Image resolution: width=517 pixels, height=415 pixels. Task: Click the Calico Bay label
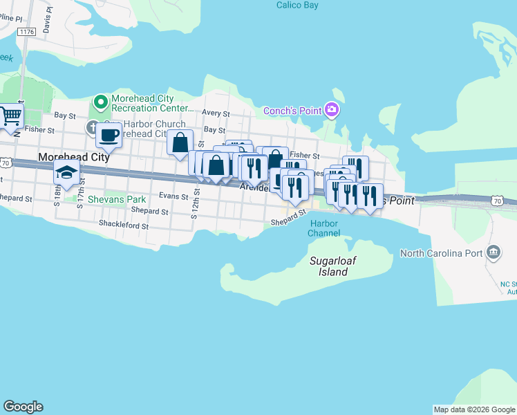[297, 5]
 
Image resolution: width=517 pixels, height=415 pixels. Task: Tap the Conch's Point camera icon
[332, 110]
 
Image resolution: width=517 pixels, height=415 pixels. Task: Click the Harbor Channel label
[323, 228]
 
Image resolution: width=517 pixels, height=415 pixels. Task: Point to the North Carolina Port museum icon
[493, 252]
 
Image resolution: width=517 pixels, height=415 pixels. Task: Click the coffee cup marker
[109, 134]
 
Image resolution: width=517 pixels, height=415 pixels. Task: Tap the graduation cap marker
[66, 172]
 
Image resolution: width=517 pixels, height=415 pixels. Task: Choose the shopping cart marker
[10, 116]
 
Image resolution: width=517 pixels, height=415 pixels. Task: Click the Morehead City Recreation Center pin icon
[100, 103]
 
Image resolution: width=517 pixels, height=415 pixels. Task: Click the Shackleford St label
[124, 225]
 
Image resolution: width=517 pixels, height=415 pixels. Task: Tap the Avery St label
[216, 113]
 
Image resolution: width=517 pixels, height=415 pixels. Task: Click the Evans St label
[174, 196]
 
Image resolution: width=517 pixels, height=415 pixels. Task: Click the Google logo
[23, 407]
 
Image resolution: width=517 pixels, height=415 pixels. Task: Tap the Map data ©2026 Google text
[474, 409]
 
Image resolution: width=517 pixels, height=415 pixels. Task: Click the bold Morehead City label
[74, 158]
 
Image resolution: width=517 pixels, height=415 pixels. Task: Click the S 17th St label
[81, 190]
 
